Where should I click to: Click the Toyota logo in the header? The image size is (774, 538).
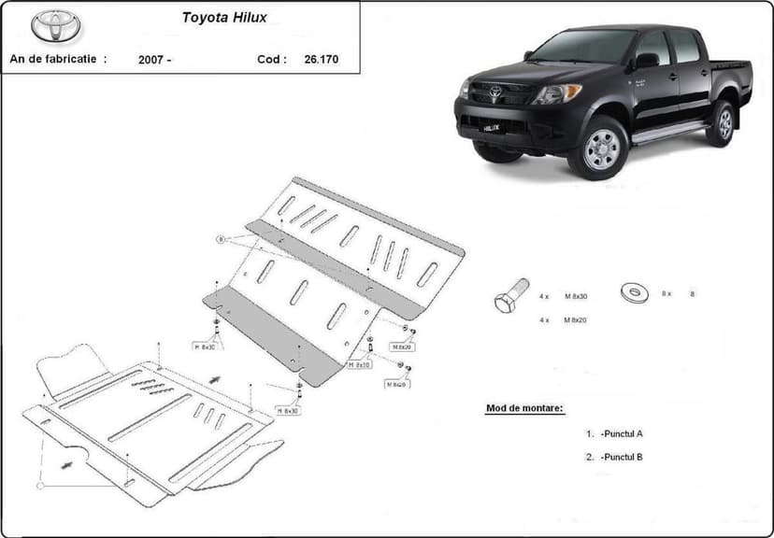[x=56, y=26]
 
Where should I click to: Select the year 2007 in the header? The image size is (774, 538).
[x=152, y=60]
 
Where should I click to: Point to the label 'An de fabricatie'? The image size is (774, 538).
[x=57, y=59]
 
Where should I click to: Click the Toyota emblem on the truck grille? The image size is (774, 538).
[x=495, y=92]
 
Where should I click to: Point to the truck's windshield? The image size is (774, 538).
[x=581, y=47]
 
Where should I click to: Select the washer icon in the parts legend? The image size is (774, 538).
[x=635, y=292]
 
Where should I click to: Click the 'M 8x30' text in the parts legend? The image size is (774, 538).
[x=576, y=295]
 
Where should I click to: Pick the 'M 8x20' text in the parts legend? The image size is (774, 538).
[x=576, y=320]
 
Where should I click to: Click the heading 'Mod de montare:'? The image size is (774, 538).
[x=525, y=409]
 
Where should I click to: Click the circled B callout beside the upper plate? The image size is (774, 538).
[x=222, y=239]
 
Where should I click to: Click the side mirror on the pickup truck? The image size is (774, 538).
[x=646, y=61]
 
